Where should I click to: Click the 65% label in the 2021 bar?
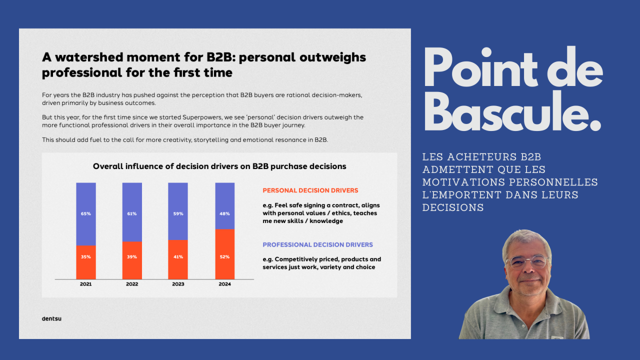tap(85, 213)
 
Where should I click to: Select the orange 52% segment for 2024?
tap(225, 254)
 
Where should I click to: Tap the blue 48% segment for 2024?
tap(225, 206)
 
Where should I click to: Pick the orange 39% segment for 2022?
tap(132, 260)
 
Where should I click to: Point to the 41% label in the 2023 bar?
tap(178, 257)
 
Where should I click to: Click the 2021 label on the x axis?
tap(85, 284)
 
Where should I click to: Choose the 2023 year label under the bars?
tap(178, 284)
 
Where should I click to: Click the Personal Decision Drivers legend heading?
tap(310, 190)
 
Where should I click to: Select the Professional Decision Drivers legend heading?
tap(317, 245)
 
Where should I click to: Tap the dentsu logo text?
tap(51, 318)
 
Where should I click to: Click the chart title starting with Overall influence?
tap(219, 166)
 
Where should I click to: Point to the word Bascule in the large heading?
tap(512, 112)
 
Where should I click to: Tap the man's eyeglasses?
tap(527, 261)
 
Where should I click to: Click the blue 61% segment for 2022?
tap(132, 212)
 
